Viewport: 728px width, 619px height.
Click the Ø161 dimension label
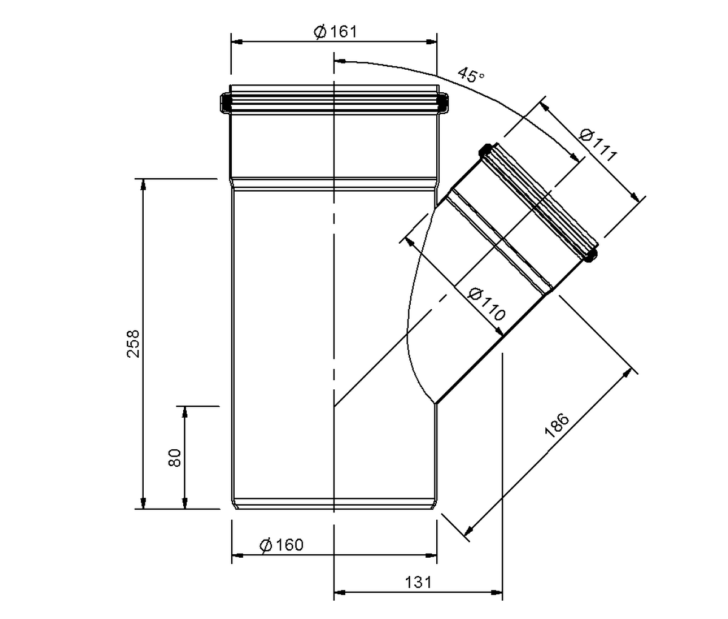[335, 32]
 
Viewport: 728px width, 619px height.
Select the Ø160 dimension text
[281, 545]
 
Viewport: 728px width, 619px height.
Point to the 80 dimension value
[175, 458]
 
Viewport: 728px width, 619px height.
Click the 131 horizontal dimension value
[418, 582]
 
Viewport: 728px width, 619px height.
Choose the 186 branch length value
[557, 425]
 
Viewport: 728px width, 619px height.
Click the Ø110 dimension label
[487, 304]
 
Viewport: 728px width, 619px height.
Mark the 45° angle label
[471, 75]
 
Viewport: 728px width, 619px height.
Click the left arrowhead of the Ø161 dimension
[237, 42]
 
